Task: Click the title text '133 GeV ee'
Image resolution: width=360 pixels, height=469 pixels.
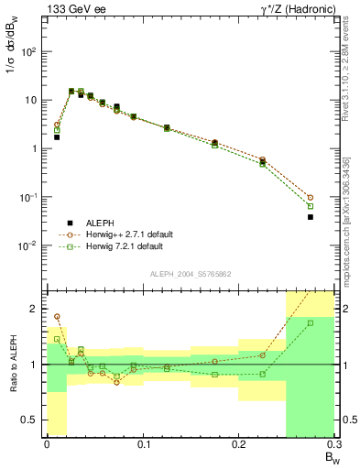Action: click(x=72, y=9)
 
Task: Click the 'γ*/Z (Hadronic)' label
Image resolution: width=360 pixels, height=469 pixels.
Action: click(x=294, y=9)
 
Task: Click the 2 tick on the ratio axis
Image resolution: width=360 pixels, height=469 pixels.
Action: click(x=36, y=309)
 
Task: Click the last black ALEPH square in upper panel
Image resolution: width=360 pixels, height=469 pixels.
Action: click(x=311, y=217)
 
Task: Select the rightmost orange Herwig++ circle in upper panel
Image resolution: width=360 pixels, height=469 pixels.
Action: click(x=311, y=197)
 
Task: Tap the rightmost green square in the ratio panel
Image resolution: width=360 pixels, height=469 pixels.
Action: click(x=311, y=322)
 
